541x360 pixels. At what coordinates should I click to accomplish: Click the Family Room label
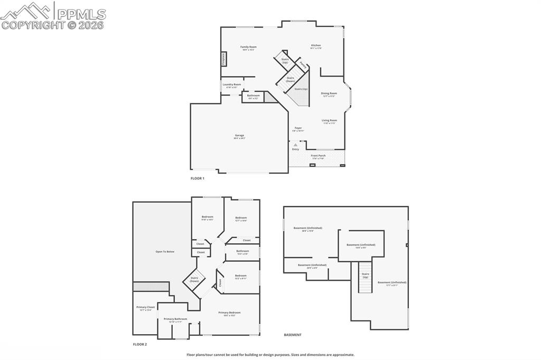(x=248, y=48)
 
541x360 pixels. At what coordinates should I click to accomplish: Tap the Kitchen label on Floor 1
(x=316, y=46)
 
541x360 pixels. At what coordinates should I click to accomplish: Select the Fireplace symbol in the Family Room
(x=223, y=59)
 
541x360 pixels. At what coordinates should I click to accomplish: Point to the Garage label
(x=239, y=136)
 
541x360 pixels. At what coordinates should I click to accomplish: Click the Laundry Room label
(x=231, y=85)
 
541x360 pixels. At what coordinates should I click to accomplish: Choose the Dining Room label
(x=329, y=94)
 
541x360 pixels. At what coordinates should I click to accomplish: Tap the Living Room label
(x=329, y=121)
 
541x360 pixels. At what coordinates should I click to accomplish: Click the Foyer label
(x=298, y=128)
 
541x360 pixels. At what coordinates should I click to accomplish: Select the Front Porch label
(x=318, y=156)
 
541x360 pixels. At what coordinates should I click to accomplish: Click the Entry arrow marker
(x=295, y=144)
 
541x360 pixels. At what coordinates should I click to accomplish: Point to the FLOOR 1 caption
(x=197, y=178)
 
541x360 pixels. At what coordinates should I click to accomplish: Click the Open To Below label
(x=164, y=251)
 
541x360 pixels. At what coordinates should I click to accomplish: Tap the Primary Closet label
(x=145, y=308)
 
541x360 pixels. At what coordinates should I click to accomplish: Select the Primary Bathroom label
(x=175, y=319)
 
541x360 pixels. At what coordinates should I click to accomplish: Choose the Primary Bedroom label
(x=229, y=313)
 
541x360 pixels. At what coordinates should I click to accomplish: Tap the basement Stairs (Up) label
(x=365, y=275)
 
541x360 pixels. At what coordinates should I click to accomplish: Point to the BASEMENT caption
(x=293, y=335)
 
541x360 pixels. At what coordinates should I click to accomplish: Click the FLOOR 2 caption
(x=139, y=344)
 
